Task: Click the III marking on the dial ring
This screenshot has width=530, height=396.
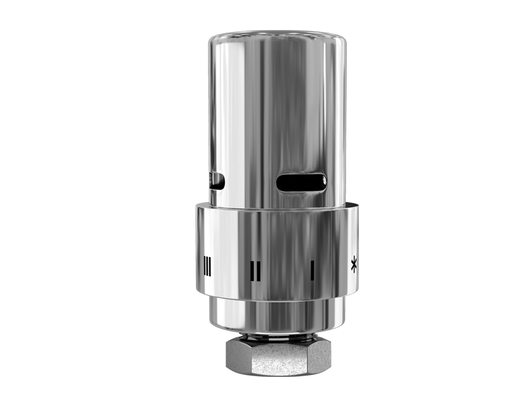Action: (207, 265)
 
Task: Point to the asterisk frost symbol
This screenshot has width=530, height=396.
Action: (353, 265)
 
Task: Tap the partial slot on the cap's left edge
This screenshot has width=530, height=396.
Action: (216, 181)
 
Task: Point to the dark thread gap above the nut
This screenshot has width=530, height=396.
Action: (278, 336)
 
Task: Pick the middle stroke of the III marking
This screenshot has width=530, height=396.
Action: (207, 265)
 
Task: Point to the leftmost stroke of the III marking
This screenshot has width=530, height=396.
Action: (204, 265)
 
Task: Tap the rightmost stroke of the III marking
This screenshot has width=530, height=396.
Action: (210, 265)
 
